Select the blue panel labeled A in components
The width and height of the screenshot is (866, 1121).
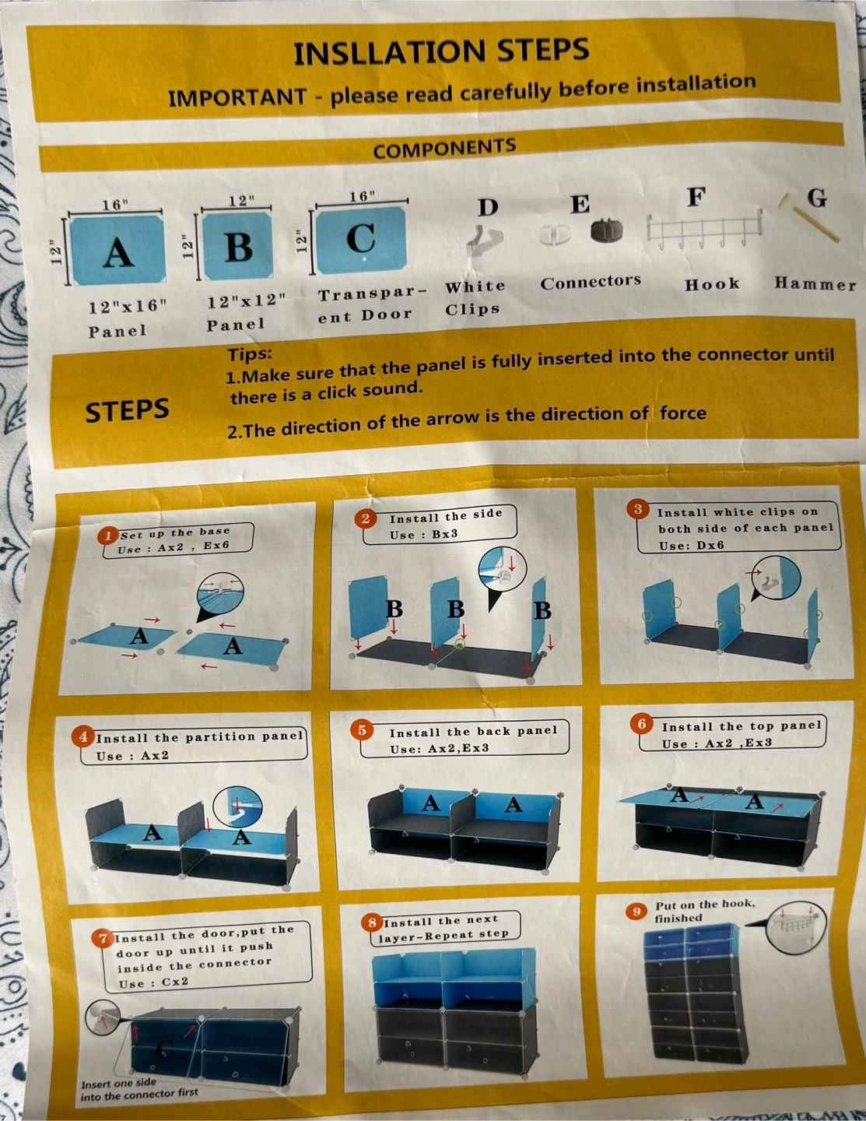point(117,250)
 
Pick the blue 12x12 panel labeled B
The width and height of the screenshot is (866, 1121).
point(237,245)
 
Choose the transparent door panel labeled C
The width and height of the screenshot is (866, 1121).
point(361,241)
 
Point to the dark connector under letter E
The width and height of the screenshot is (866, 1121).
point(606,230)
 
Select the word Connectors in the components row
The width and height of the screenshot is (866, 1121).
point(591,282)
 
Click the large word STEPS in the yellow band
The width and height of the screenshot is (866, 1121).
point(127,410)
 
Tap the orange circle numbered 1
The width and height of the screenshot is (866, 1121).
point(108,536)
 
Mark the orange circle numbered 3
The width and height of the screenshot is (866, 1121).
point(638,509)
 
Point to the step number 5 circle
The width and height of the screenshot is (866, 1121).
point(362,730)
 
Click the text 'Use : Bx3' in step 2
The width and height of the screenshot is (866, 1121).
point(424,535)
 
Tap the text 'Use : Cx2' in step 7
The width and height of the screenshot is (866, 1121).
point(153,982)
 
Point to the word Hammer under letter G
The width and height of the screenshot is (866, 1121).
point(815,283)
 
